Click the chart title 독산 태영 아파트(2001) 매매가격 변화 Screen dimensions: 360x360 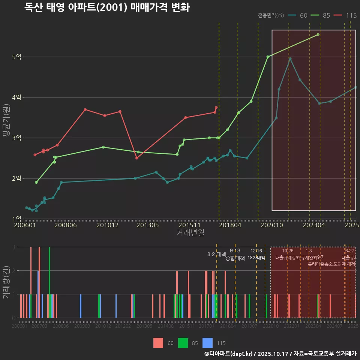107,7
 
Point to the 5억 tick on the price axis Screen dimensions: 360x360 16,57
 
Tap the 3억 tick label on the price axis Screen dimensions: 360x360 16,138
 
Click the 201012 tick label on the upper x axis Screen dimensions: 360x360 107,225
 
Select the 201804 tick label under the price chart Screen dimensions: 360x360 230,225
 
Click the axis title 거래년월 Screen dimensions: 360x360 190,232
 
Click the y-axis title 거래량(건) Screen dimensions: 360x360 6,282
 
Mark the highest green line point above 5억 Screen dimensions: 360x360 318,34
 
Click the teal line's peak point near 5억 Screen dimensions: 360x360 290,59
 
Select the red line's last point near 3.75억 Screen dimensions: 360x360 216,108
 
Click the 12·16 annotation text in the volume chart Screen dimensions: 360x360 256,251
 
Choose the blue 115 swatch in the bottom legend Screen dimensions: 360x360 207,343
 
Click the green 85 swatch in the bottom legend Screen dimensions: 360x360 183,343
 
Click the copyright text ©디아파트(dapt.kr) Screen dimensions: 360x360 229,354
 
